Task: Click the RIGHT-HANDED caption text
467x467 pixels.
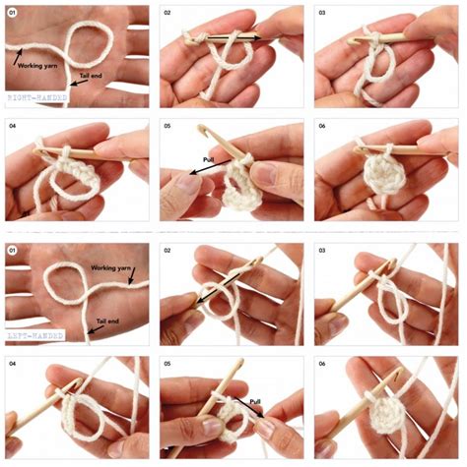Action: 36,99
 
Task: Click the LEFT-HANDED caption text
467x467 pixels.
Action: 34,335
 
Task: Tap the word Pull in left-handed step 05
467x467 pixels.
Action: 255,402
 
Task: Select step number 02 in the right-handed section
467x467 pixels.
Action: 167,13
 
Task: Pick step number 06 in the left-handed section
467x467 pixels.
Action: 322,363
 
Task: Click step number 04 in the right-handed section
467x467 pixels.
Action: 13,128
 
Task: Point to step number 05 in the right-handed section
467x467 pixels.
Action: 167,128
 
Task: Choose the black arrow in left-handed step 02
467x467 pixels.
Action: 209,292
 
